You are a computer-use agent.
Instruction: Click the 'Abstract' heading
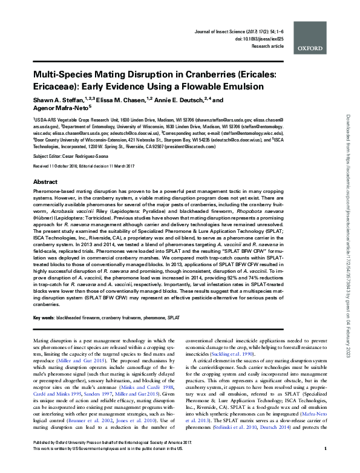[x=45, y=181]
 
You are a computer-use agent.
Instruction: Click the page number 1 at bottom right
[x=326, y=465]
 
